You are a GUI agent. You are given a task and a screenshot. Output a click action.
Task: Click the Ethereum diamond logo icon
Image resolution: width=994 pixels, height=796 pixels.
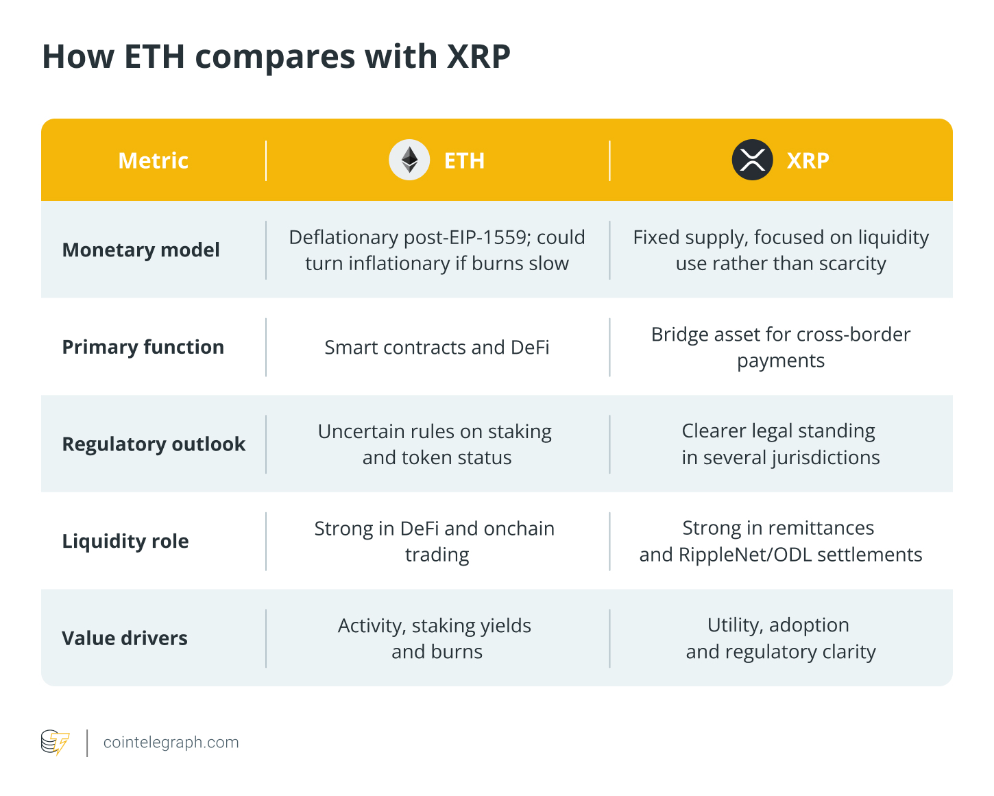click(409, 160)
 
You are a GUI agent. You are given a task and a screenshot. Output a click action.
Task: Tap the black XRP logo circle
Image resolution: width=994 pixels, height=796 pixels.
click(752, 160)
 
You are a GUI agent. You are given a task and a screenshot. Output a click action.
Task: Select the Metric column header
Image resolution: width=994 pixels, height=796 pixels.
click(153, 160)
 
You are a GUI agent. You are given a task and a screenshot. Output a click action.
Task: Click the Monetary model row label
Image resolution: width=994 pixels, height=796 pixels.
click(141, 250)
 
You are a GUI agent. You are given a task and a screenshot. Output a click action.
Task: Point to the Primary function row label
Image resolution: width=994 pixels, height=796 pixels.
click(143, 347)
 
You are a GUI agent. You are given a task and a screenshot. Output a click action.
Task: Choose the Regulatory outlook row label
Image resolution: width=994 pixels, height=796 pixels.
click(154, 444)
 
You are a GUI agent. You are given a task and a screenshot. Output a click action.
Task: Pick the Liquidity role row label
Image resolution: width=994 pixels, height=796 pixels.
click(125, 541)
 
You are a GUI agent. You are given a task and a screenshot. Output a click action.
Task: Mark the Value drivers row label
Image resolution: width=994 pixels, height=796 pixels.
click(124, 638)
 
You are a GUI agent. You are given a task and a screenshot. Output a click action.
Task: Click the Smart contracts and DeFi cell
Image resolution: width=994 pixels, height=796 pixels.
click(437, 348)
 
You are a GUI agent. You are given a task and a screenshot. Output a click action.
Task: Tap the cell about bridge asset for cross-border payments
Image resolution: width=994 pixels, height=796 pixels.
click(780, 347)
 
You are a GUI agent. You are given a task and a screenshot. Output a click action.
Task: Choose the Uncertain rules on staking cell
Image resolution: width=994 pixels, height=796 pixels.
click(435, 444)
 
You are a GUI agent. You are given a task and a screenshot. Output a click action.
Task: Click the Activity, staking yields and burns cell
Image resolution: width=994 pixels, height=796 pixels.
click(435, 638)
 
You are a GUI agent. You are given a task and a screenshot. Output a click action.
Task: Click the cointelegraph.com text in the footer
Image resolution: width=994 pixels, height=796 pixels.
click(171, 743)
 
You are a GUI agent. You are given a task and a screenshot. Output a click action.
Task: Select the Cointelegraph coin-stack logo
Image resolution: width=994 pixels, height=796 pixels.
click(55, 743)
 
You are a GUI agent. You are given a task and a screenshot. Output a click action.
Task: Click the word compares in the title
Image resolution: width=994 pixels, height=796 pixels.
click(275, 57)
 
